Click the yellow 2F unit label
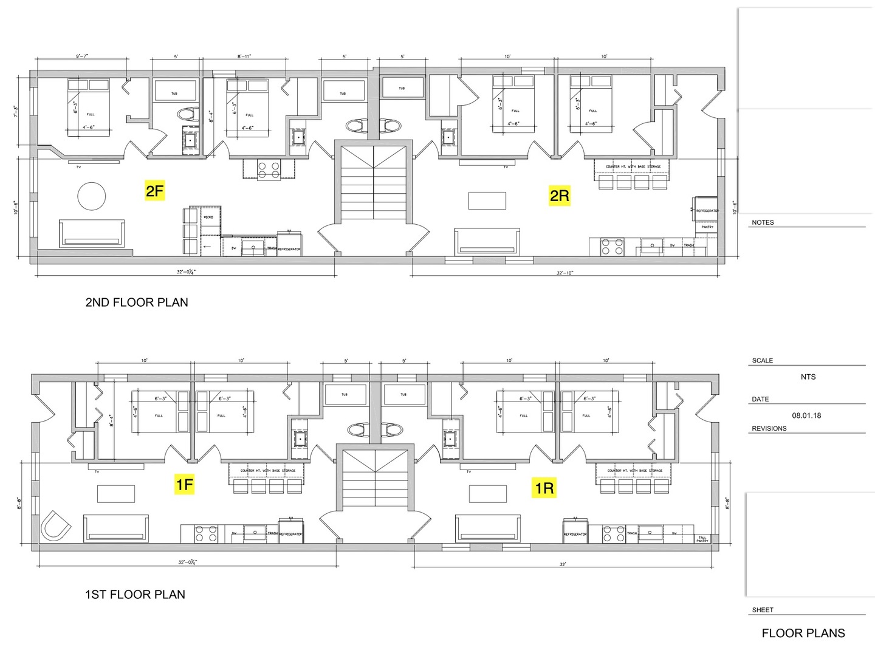point(154,191)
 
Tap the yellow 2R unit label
point(559,196)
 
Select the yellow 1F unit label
point(184,484)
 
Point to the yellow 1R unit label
point(544,488)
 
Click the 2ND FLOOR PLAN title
point(137,302)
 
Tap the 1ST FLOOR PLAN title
point(135,595)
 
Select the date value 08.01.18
point(806,415)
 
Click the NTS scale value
point(808,377)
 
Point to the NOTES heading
point(763,222)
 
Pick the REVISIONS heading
point(769,428)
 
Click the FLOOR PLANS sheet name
point(803,633)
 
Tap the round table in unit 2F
point(92,196)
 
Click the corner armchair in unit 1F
point(55,527)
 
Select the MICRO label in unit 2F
point(208,217)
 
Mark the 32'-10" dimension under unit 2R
point(564,273)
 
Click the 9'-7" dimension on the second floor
point(82,56)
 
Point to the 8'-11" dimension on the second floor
point(244,56)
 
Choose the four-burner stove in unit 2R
point(612,247)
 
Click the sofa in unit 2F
point(92,234)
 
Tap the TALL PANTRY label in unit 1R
point(702,539)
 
